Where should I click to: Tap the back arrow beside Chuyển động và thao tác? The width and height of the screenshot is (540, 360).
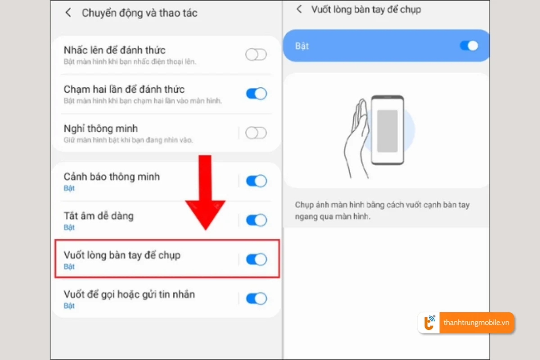point(68,13)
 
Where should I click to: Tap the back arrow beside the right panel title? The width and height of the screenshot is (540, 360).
point(299,9)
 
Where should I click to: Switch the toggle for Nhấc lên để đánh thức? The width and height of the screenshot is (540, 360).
point(256,55)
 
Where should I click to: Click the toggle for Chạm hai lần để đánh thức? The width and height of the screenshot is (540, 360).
point(256,94)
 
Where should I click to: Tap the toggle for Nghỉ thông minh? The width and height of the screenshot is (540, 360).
point(256,133)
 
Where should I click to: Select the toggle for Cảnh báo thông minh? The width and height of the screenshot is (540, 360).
point(256,181)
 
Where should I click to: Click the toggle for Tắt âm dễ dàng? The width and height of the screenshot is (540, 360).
point(256,220)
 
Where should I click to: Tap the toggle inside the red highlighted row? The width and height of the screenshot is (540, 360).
point(256,259)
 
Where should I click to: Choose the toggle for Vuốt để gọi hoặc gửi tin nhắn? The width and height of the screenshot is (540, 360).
point(256,298)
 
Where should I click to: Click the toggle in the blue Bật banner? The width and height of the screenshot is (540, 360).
point(469,45)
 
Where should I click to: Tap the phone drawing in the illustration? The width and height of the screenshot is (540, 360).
point(387,130)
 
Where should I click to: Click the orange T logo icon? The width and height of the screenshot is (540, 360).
point(429,323)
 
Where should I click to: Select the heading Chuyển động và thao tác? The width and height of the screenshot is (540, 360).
point(139,13)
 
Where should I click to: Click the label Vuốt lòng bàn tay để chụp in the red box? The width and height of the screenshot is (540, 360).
point(122,255)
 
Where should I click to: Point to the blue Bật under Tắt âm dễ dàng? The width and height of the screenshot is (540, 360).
point(69,227)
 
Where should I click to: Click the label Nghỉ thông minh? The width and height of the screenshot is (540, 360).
point(101,129)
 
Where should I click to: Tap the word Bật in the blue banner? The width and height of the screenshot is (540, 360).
point(302,46)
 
